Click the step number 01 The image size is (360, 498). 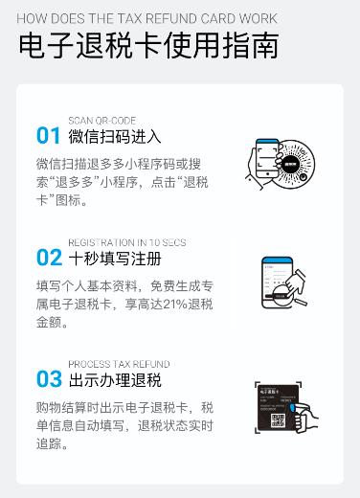point(48,134)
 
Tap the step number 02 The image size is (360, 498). point(48,257)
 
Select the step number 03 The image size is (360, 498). point(48,378)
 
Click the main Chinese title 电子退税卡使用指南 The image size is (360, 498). point(148,46)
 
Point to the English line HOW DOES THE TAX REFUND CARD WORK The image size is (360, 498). point(146,18)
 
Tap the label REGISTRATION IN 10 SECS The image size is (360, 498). point(126,243)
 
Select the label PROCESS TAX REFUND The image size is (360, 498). point(119,365)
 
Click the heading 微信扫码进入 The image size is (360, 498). point(115,136)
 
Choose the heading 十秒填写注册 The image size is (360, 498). point(115,259)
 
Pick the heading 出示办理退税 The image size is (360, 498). point(115,380)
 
